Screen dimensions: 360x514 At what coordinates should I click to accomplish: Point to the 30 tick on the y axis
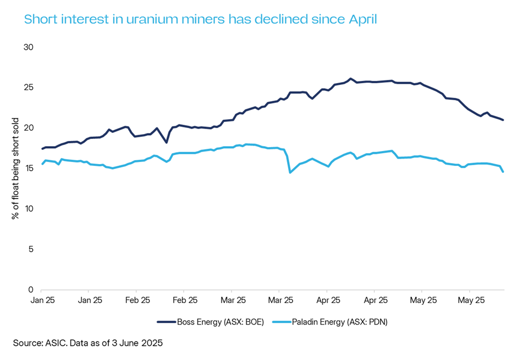29,47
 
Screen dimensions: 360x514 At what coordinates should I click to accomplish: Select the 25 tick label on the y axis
29,88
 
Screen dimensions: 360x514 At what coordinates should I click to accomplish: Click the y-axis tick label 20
29,128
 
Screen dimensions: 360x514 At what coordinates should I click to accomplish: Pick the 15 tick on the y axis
29,169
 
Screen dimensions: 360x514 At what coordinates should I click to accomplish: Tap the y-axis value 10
29,209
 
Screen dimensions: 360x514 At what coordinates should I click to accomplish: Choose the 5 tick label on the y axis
31,249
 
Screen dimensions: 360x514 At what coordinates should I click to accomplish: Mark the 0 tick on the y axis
31,290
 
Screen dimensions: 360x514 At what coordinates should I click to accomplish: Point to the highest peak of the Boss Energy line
351,79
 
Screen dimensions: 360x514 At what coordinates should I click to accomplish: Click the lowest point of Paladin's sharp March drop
290,173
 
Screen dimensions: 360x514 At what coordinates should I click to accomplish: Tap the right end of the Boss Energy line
503,120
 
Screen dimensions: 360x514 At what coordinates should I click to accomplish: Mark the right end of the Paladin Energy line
503,172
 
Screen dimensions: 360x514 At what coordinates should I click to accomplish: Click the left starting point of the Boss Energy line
42,149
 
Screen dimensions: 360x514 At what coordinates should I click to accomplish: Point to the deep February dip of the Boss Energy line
166,142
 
